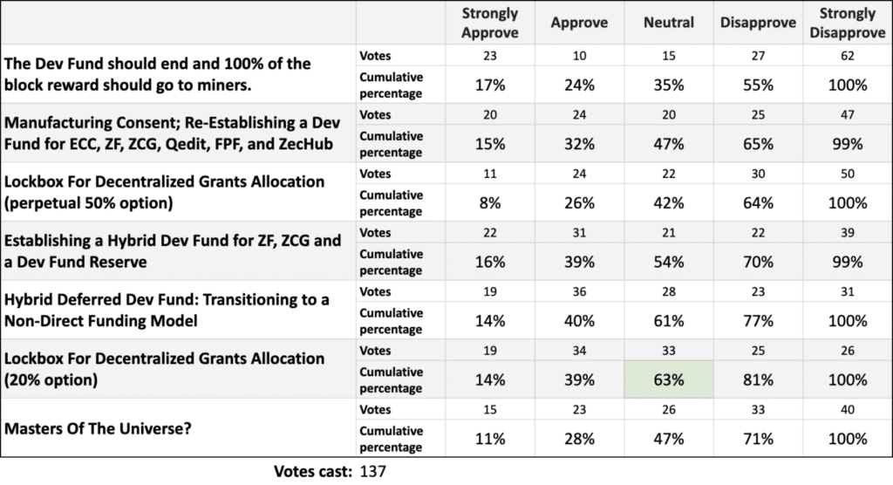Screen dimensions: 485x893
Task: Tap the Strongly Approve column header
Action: pyautogui.click(x=489, y=24)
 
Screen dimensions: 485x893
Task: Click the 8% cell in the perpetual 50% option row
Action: pyautogui.click(x=489, y=203)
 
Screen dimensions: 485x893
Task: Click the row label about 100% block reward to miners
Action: pyautogui.click(x=157, y=77)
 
